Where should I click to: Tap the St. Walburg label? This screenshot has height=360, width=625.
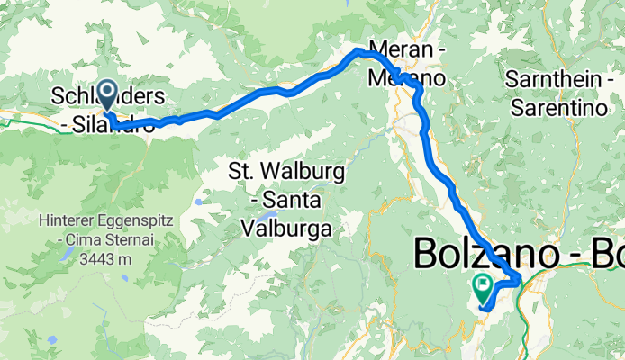(272, 169)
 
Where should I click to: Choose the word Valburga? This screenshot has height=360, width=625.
(286, 229)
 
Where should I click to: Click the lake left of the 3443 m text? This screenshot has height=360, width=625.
(68, 255)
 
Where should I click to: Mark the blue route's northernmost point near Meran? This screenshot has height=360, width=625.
(359, 51)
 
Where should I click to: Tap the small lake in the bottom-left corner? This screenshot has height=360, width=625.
(52, 340)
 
